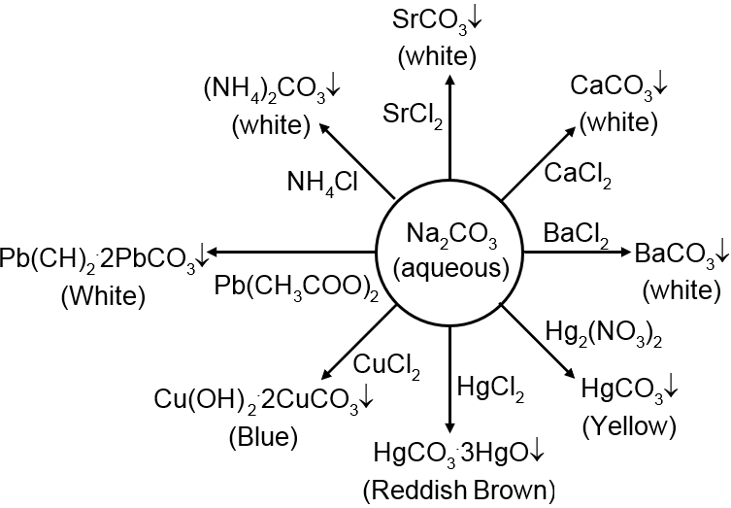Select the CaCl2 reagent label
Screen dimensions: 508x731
[578, 175]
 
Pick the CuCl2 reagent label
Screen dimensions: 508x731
[386, 366]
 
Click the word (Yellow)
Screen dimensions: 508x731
[628, 425]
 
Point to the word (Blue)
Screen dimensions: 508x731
[262, 437]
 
